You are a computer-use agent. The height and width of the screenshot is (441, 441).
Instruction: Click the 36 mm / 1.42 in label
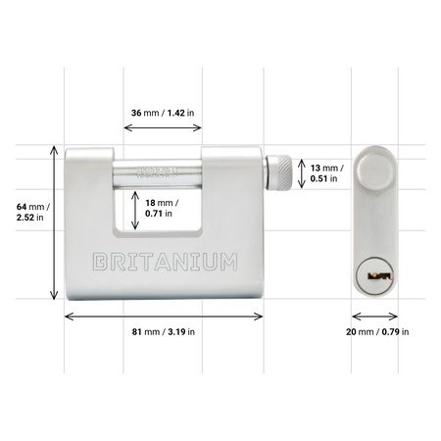pyautogui.click(x=163, y=113)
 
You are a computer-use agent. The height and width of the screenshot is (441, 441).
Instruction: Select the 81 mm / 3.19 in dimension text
pyautogui.click(x=164, y=332)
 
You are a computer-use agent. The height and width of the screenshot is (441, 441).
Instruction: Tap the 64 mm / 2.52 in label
pyautogui.click(x=33, y=212)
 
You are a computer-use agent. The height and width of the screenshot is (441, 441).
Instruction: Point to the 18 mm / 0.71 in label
pyautogui.click(x=162, y=208)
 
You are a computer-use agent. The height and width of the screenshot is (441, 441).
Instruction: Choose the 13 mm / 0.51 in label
pyautogui.click(x=326, y=173)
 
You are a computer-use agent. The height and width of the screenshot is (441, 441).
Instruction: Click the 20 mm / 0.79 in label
pyautogui.click(x=377, y=332)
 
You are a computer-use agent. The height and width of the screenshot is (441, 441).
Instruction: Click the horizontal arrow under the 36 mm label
pyautogui.click(x=163, y=127)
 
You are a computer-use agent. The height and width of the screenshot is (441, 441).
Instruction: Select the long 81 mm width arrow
pyautogui.click(x=164, y=317)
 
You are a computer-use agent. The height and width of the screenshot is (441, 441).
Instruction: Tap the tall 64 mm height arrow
pyautogui.click(x=54, y=223)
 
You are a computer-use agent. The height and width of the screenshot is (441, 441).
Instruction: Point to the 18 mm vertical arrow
pyautogui.click(x=135, y=210)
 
